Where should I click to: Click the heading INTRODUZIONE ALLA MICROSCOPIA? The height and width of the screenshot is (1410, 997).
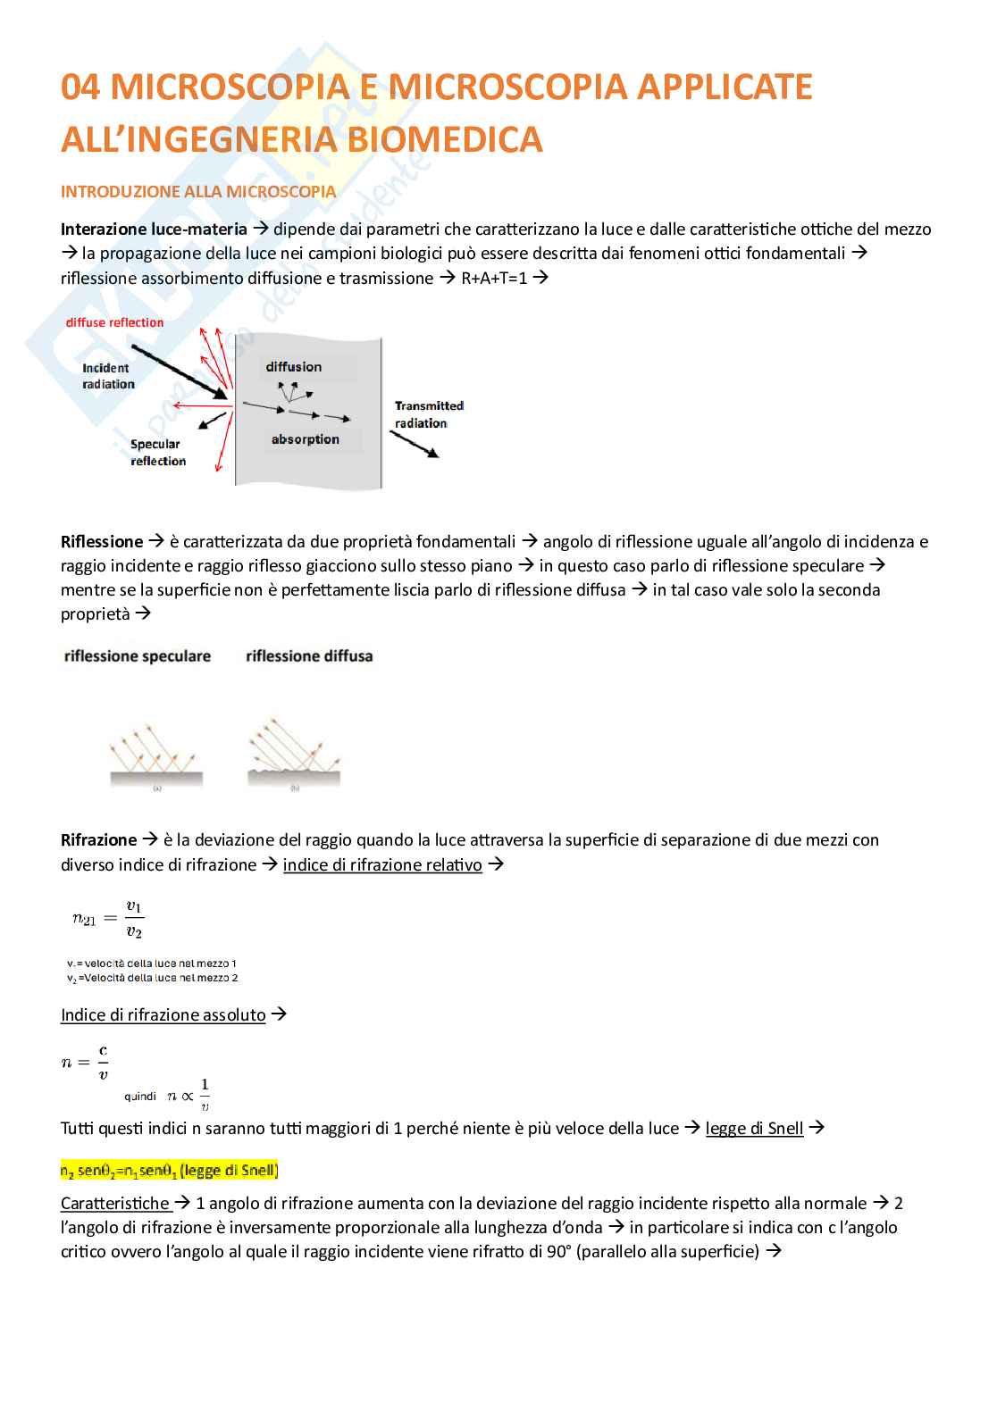point(198,192)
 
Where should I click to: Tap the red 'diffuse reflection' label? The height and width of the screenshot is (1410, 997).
point(114,322)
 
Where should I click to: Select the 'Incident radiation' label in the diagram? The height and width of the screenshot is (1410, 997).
point(108,376)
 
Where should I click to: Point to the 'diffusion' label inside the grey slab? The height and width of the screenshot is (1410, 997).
point(293,367)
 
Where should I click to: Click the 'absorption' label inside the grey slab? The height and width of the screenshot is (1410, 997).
point(305,439)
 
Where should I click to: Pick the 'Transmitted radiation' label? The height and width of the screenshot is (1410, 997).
point(428,414)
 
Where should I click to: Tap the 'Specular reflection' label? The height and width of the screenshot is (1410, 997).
point(157,453)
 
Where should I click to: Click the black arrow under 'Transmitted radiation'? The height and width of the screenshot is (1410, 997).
point(415,445)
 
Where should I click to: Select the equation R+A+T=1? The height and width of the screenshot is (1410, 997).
point(494,278)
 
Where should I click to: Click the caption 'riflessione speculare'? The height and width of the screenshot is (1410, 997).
point(138,656)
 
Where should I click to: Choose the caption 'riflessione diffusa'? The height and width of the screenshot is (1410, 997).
point(309,656)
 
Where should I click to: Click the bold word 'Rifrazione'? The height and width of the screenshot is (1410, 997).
point(98,840)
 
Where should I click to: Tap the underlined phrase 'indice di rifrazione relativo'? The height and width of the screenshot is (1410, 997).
point(382,865)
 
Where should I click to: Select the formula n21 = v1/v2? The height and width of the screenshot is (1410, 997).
point(108,919)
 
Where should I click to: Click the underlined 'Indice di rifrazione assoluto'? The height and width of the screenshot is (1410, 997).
point(163,1015)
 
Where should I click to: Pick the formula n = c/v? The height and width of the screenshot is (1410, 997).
point(86,1062)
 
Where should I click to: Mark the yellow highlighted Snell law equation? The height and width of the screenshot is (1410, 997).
point(169,1170)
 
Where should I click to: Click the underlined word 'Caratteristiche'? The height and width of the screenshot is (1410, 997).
point(115,1204)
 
